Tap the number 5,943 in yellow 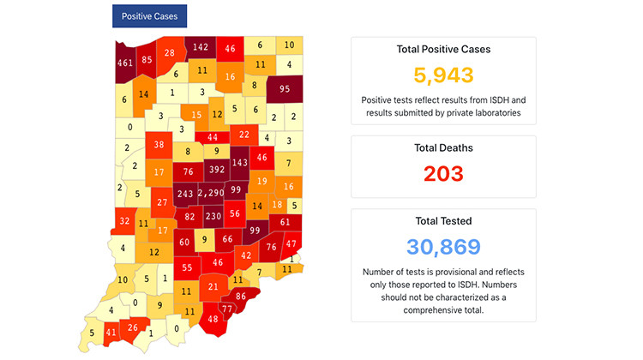443,75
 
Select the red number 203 443,173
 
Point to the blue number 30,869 443,249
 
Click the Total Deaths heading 443,147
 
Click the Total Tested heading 443,221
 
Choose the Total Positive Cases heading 443,49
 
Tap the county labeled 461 125,62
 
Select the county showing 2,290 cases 211,194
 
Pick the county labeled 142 201,47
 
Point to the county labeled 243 184,194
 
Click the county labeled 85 147,59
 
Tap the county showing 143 240,162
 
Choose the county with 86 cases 241,296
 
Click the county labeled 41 111,332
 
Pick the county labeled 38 159,145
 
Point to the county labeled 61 285,222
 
